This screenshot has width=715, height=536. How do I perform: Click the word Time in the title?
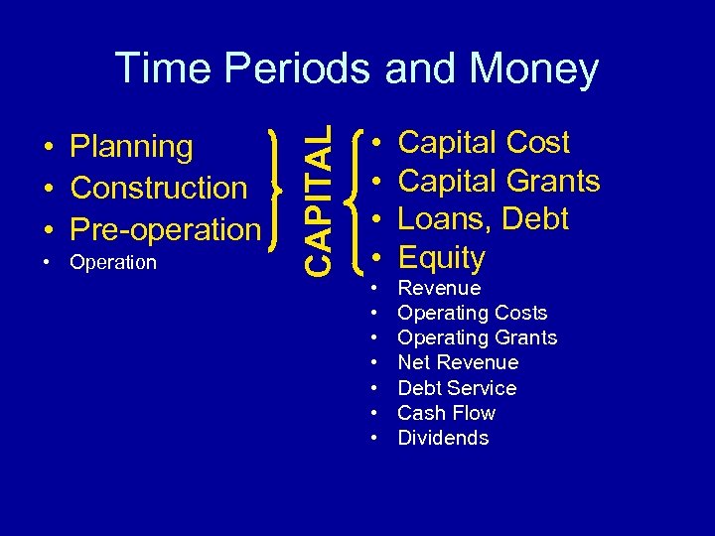coord(163,68)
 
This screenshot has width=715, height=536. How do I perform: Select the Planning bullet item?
coord(131,147)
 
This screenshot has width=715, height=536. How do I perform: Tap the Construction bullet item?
coord(159,188)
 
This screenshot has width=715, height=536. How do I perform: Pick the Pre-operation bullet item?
coord(165,228)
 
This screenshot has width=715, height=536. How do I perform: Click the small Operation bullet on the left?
coord(113,262)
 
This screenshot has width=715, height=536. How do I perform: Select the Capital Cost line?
coord(483,143)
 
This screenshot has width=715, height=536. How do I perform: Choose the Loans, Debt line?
coord(483,219)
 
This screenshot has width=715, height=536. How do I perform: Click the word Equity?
coord(441,258)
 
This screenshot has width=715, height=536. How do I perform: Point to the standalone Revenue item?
coord(439,288)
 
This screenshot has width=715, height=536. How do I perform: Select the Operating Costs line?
coord(472,313)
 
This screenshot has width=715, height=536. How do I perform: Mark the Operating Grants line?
coord(477,337)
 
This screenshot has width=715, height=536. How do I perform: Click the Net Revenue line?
coord(457,362)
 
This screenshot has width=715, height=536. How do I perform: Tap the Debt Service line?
coord(457,388)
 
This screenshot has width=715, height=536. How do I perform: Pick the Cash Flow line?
coord(446,413)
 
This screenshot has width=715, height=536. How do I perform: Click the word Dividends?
coord(443,438)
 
